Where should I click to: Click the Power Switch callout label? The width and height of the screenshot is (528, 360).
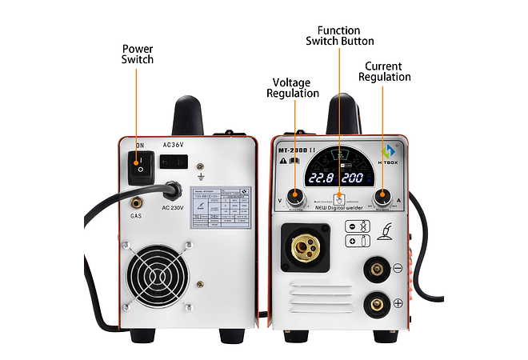[138, 54]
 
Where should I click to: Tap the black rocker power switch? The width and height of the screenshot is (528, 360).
[140, 163]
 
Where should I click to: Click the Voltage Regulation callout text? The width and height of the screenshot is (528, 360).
[293, 87]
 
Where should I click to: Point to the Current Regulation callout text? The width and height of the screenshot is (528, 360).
[384, 71]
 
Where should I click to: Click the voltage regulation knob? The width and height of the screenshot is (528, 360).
[297, 196]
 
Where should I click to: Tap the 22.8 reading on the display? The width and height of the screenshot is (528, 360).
[321, 178]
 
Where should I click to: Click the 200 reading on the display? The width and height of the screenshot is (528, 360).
[357, 178]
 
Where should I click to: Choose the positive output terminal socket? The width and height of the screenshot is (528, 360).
[374, 303]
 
